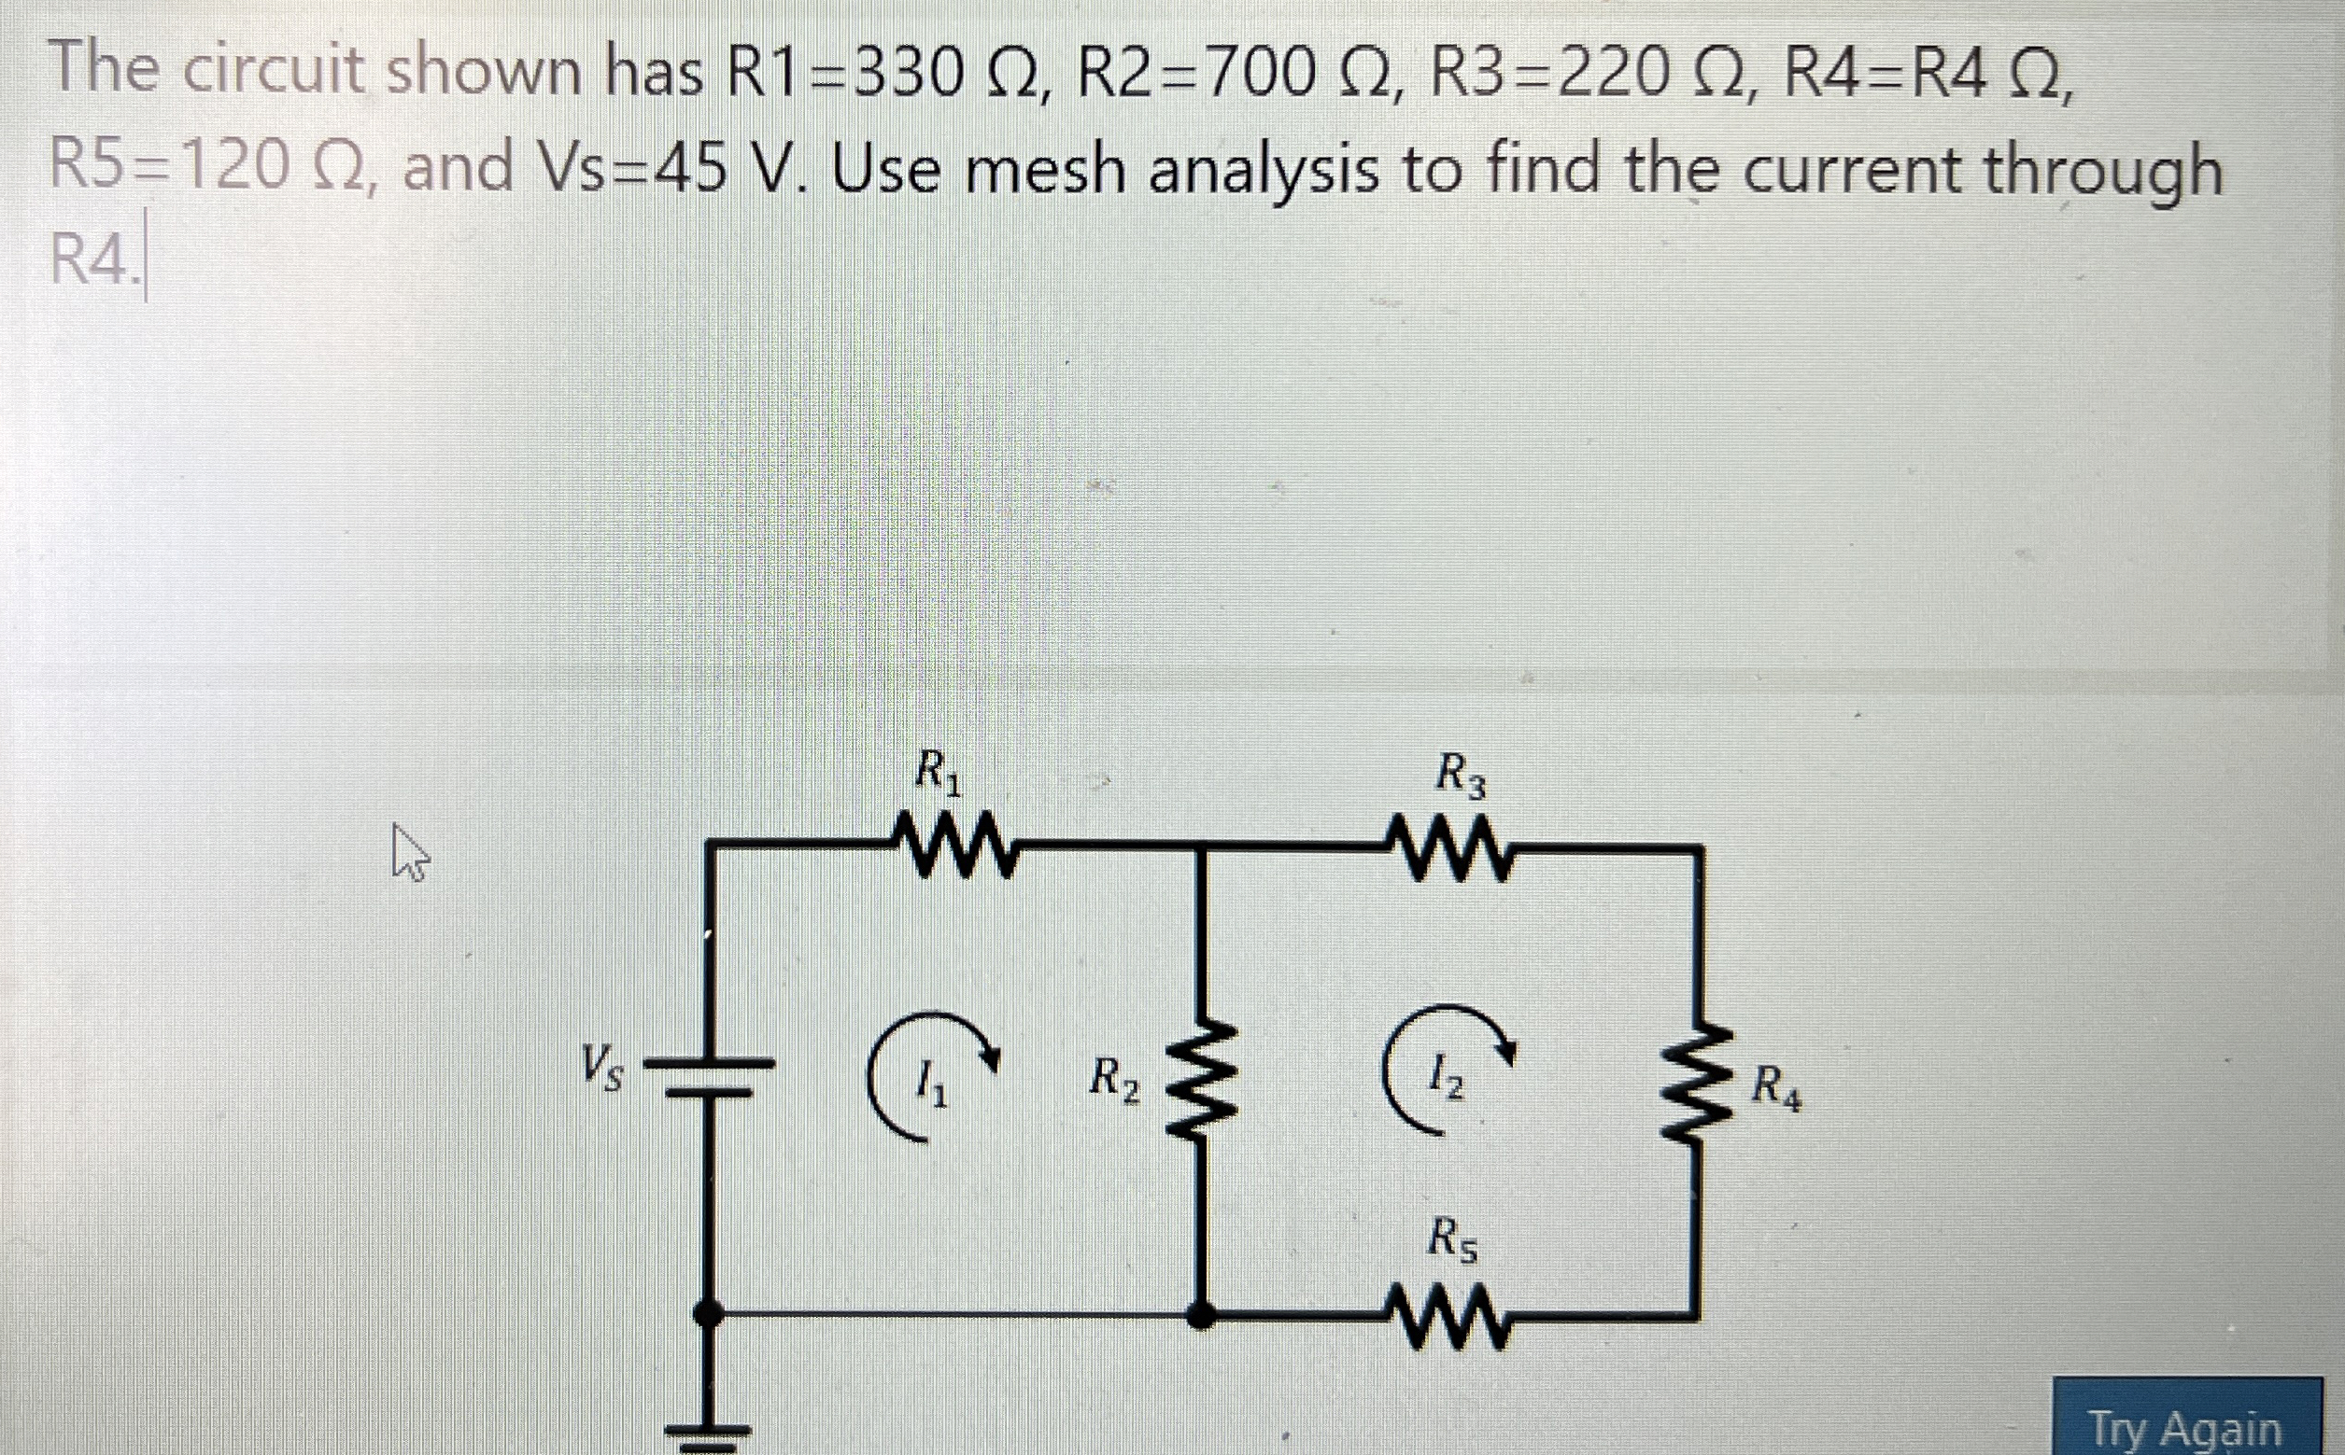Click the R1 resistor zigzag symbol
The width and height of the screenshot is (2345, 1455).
click(x=952, y=846)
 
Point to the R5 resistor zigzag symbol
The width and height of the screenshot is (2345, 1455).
click(x=1447, y=1319)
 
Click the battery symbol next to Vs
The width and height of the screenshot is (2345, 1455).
click(x=709, y=1077)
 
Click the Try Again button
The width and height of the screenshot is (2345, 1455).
click(x=2185, y=1428)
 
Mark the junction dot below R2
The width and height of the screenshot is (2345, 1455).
click(x=1200, y=1314)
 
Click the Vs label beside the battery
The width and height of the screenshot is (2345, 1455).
click(x=600, y=1067)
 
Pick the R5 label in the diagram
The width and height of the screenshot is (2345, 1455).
click(x=1450, y=1238)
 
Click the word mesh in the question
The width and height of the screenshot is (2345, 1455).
click(x=1044, y=172)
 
